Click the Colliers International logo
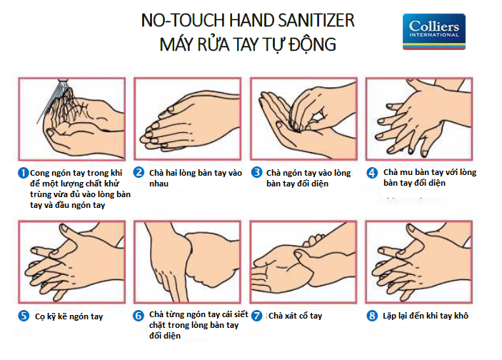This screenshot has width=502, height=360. pos(434,31)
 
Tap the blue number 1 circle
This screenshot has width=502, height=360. pos(23,173)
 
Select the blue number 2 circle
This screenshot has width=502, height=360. pos(139,173)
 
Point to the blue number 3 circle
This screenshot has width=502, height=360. pos(256,172)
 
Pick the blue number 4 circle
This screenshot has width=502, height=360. pos(372,173)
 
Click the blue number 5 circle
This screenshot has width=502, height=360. pos(24,316)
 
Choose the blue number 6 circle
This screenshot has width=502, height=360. pos(139,316)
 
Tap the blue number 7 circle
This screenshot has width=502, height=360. pos(256,316)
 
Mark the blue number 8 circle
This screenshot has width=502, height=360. pos(372,316)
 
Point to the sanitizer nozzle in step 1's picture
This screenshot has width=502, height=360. pos(63,82)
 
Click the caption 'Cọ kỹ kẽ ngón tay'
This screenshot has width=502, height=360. pos(69,316)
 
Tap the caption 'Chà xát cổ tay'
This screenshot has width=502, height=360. pos(295,316)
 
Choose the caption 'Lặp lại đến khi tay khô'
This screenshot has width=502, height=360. pos(426,316)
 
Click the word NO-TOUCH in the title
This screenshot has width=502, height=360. pos(183,21)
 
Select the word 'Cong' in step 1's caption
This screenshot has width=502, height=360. pos(39,174)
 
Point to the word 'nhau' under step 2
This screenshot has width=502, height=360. pos(159,184)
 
